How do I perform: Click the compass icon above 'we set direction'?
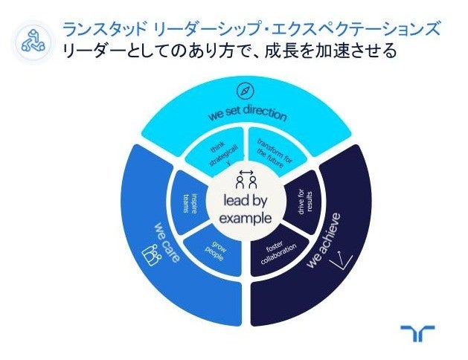click(246, 91)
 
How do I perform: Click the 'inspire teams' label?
click(190, 203)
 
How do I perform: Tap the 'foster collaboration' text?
click(278, 251)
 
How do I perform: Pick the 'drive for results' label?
click(305, 202)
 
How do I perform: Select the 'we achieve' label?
click(324, 240)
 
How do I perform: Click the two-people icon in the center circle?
click(246, 179)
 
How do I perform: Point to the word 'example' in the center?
click(246, 218)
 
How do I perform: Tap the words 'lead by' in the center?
click(246, 200)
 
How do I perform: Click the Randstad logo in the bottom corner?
click(417, 333)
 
